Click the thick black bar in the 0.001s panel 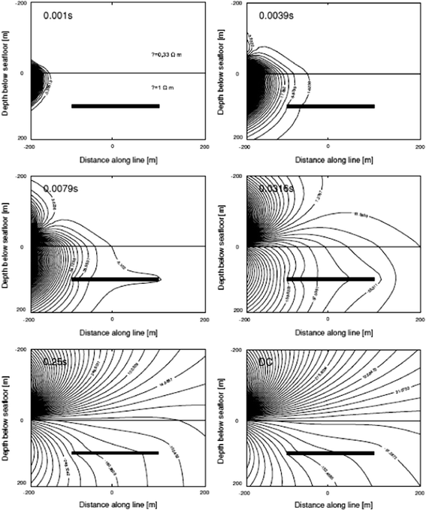pos(115,106)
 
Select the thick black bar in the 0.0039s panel pos(331,106)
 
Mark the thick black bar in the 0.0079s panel pos(115,279)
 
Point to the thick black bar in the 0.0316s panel pos(331,279)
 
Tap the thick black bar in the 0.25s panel pos(115,453)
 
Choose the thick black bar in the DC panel pos(331,453)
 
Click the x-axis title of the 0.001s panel pos(113,161)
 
